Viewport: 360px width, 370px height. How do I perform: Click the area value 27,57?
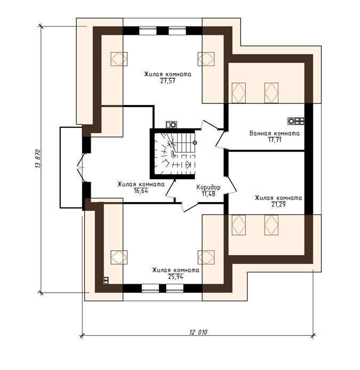click(x=168, y=81)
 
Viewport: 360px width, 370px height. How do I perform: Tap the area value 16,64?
click(x=141, y=191)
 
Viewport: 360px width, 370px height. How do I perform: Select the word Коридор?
click(x=209, y=187)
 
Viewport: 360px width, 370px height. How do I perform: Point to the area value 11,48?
click(x=209, y=194)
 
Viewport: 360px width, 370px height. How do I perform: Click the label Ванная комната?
click(x=275, y=133)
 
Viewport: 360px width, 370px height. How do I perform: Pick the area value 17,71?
click(x=275, y=140)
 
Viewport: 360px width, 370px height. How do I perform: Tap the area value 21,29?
click(x=278, y=204)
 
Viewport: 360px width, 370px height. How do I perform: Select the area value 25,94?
click(x=175, y=277)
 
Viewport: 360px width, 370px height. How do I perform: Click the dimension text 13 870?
click(x=38, y=158)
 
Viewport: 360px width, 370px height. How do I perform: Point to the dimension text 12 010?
click(x=198, y=332)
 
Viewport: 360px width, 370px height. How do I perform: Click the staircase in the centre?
click(x=174, y=154)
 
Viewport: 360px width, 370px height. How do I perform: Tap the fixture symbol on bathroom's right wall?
click(x=296, y=121)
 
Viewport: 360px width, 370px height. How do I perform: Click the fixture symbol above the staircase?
click(x=171, y=124)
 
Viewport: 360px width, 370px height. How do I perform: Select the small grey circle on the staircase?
click(x=195, y=143)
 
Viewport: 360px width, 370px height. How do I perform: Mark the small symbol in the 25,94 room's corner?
click(x=106, y=280)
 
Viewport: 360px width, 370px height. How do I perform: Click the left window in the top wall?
click(x=148, y=31)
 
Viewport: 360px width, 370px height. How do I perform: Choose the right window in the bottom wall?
click(x=175, y=288)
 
